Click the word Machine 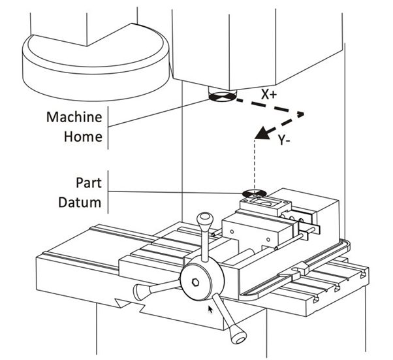tap(74, 118)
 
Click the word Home tap(83, 137)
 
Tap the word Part tap(89, 184)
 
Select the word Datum tap(80, 203)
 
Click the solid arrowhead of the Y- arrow tap(263, 134)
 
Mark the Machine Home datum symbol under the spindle tap(218, 99)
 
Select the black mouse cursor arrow tap(210, 308)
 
